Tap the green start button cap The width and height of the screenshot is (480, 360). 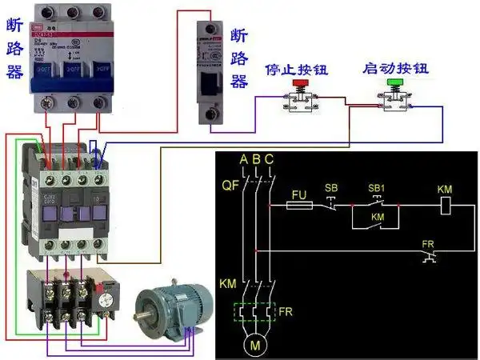(394, 82)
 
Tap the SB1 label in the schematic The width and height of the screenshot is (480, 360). (376, 187)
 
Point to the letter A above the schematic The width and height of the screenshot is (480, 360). (243, 159)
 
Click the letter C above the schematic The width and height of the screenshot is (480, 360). (269, 159)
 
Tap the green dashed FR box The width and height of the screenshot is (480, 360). (257, 312)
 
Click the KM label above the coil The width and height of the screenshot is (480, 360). (446, 188)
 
